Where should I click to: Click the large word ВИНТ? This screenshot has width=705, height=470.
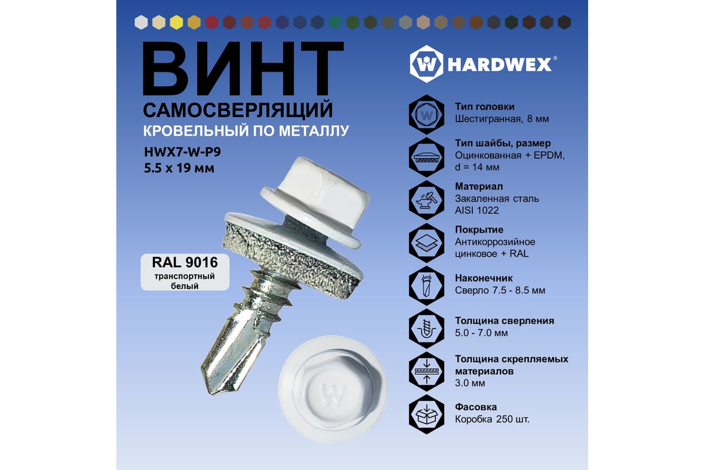pos(243,68)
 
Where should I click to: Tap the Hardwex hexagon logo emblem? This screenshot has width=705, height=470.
pos(427,64)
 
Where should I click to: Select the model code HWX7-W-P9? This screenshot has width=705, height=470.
pos(182,152)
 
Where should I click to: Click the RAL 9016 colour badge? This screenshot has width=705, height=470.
pos(184,272)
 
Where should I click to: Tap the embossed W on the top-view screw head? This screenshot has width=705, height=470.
pos(333,394)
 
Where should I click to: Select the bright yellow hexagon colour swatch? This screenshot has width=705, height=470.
pos(176,23)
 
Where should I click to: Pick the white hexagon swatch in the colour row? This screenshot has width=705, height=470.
pos(141,23)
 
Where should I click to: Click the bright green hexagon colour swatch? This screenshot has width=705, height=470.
pos(335,23)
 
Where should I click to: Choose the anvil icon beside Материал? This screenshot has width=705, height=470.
pos(427,200)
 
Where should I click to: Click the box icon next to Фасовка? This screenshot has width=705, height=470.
pos(427,414)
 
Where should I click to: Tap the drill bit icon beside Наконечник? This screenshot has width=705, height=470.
pos(427,286)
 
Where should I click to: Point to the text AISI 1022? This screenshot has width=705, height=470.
pos(476,210)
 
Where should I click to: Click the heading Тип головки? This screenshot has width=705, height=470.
pos(485,107)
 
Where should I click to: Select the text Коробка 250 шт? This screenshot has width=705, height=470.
pos(492,419)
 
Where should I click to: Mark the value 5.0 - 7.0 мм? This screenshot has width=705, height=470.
pos(481,333)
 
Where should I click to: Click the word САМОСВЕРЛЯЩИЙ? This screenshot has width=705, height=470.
pos(238,110)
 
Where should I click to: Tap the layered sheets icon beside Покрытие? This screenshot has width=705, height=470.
pos(427,243)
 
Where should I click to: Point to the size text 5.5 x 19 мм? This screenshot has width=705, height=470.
pos(179,168)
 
